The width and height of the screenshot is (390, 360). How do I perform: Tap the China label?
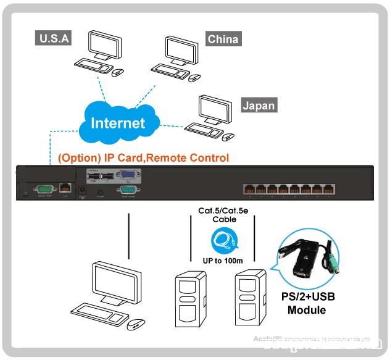click(x=223, y=40)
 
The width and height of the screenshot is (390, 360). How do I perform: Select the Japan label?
click(x=258, y=106)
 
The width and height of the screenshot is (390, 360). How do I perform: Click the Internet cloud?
click(x=117, y=122)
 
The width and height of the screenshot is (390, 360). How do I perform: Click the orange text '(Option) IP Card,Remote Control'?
click(x=143, y=158)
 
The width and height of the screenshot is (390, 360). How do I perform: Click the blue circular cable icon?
click(x=221, y=239)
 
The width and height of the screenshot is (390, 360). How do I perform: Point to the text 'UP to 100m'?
click(x=223, y=261)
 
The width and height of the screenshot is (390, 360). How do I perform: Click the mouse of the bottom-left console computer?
click(x=136, y=323)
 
